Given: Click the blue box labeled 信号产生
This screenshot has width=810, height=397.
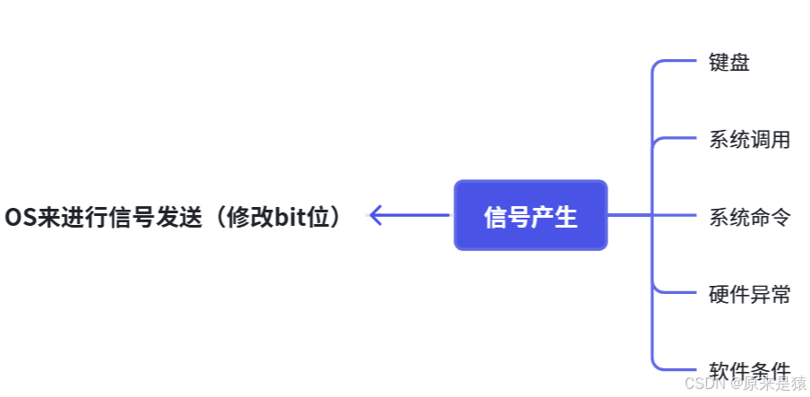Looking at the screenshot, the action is pos(530,215).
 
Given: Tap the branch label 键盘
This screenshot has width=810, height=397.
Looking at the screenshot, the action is pos(728,63).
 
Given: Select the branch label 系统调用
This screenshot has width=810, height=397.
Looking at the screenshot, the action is pos(749,140).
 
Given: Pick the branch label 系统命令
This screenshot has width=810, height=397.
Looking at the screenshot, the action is pos(749,217).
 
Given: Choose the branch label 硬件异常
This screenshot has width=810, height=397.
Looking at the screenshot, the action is pos(749,294).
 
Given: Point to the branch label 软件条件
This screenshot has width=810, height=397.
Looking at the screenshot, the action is pos(749,370).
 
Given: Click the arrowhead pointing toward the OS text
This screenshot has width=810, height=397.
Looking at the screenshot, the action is pos(377,215).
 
